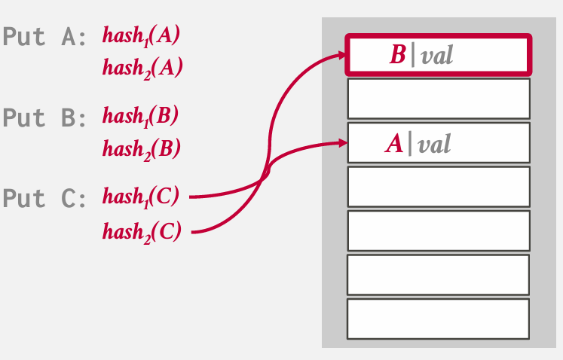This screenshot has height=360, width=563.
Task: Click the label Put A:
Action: point(44,37)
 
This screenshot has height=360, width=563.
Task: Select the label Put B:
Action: point(44,117)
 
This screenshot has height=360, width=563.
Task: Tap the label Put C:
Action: point(44,198)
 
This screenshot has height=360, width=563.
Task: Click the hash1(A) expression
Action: point(141,37)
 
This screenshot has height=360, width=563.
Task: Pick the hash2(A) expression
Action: point(142,69)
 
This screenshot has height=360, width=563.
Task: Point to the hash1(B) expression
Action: point(140,117)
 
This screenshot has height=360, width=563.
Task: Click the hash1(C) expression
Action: point(141,197)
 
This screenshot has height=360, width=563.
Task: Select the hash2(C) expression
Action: point(142,233)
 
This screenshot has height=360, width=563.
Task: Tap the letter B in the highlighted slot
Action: point(397,55)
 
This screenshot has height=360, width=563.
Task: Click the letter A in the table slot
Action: point(394,144)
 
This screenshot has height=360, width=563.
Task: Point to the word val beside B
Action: point(437,56)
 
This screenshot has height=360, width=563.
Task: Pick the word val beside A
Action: point(434,145)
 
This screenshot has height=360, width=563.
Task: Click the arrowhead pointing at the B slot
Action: point(341,55)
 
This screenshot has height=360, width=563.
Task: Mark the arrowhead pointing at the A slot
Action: point(342,143)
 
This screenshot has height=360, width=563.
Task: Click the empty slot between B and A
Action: point(439,99)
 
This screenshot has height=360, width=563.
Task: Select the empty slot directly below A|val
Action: point(439,187)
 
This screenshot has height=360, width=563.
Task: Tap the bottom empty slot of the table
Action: point(438,319)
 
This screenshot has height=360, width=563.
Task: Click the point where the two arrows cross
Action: point(265,177)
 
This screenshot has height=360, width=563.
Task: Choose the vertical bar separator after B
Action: point(412,56)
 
